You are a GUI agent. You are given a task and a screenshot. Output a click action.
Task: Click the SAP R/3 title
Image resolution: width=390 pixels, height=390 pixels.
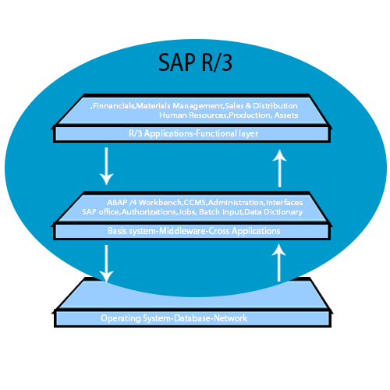click(x=195, y=61)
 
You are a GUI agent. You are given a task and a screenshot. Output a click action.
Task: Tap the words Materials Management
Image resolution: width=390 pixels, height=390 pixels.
click(x=180, y=105)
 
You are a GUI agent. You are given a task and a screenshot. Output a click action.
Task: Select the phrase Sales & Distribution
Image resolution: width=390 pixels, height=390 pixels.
click(x=261, y=105)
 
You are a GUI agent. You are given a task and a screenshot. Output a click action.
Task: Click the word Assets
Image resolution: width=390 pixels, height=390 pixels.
click(x=285, y=115)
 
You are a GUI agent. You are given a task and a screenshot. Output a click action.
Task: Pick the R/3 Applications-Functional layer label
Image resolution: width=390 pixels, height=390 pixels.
click(x=193, y=134)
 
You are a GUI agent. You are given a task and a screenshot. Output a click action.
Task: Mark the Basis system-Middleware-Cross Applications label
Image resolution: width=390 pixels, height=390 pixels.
click(x=194, y=231)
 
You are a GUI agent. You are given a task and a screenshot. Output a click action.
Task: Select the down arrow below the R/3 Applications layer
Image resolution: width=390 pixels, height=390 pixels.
click(x=107, y=165)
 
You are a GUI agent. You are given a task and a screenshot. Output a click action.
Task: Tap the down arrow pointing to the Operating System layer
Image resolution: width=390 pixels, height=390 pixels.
click(x=107, y=263)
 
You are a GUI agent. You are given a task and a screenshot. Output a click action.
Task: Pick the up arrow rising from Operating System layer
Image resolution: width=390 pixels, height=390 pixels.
click(x=280, y=263)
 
